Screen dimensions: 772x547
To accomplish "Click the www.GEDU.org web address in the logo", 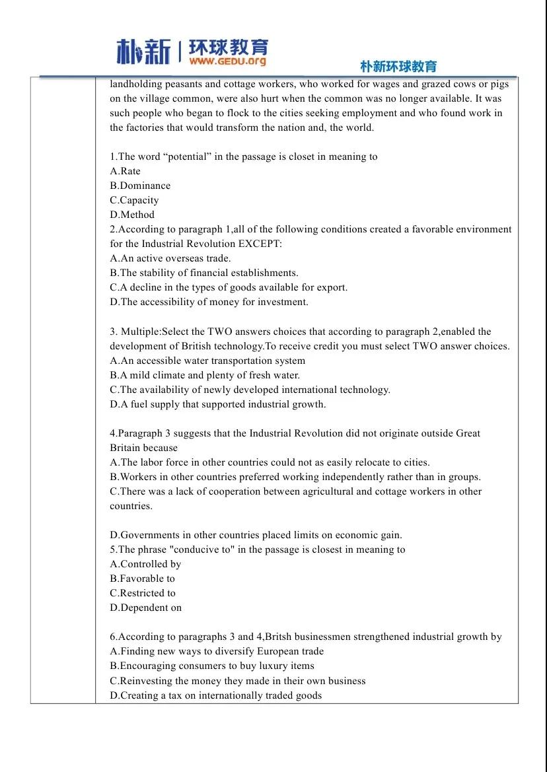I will click(x=227, y=61).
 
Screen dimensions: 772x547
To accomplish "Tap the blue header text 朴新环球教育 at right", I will click(x=398, y=66).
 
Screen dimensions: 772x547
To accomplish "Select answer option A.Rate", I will click(x=126, y=171).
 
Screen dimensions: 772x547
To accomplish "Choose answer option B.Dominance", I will click(x=140, y=186).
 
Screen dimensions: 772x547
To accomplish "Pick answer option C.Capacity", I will click(x=134, y=200).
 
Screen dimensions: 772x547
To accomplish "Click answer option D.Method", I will click(x=132, y=215).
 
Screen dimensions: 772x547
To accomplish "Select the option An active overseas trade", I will click(x=170, y=258).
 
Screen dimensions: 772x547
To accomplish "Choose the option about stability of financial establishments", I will click(x=204, y=273).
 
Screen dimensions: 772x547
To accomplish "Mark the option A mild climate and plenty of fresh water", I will click(x=205, y=375).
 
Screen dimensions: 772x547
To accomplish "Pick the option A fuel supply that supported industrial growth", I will click(x=218, y=404).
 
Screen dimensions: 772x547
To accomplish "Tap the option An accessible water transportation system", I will click(x=207, y=361).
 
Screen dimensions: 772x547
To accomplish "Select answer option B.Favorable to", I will click(x=142, y=579).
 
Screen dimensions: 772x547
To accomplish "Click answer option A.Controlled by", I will click(x=145, y=564).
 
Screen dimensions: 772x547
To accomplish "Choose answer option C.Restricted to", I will click(x=143, y=593).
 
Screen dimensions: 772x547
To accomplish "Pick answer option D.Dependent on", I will click(x=145, y=608).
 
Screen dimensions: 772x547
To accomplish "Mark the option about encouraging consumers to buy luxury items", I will click(x=212, y=666).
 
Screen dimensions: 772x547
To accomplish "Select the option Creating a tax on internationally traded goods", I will click(x=216, y=695).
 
